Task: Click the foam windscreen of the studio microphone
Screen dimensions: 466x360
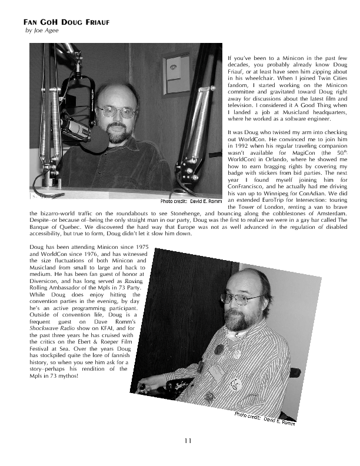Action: pos(75,128)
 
